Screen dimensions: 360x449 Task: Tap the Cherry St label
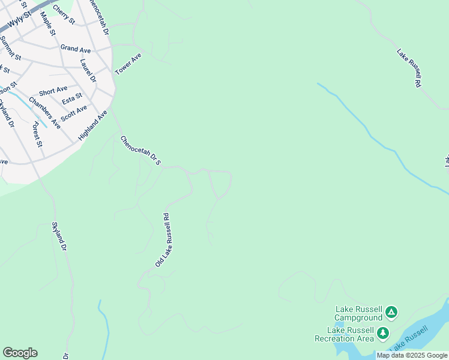pyautogui.click(x=64, y=15)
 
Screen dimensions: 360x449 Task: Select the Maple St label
pyautogui.click(x=48, y=23)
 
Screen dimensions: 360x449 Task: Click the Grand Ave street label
pyautogui.click(x=75, y=47)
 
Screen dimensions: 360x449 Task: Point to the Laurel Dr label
pyautogui.click(x=88, y=70)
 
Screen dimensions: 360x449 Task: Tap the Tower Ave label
pyautogui.click(x=128, y=64)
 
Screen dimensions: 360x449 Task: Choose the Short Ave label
pyautogui.click(x=53, y=91)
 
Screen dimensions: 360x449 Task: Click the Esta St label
pyautogui.click(x=72, y=98)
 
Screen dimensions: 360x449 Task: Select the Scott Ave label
pyautogui.click(x=74, y=112)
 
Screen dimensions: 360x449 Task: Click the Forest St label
pyautogui.click(x=38, y=135)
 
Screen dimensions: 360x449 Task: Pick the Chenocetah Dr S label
pyautogui.click(x=141, y=151)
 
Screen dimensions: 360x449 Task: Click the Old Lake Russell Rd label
pyautogui.click(x=163, y=239)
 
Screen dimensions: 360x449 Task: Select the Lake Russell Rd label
pyautogui.click(x=409, y=69)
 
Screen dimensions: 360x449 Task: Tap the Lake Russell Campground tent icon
pyautogui.click(x=391, y=311)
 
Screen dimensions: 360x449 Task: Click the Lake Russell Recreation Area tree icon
pyautogui.click(x=382, y=332)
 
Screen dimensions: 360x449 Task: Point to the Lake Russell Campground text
pyautogui.click(x=358, y=313)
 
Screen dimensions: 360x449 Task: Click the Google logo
pyautogui.click(x=20, y=353)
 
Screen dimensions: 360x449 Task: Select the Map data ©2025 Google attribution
pyautogui.click(x=412, y=355)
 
